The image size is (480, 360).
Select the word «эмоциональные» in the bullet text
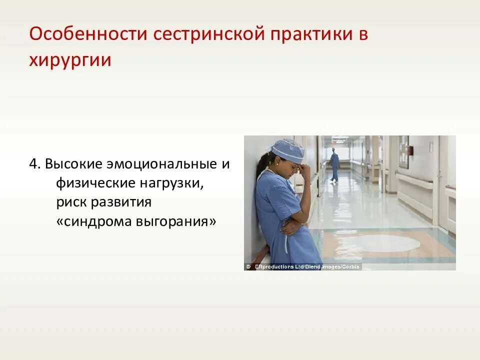(157, 164)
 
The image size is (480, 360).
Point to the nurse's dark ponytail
(261, 169)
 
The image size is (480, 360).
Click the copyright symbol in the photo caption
(248, 267)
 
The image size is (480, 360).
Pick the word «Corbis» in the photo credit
(349, 267)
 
